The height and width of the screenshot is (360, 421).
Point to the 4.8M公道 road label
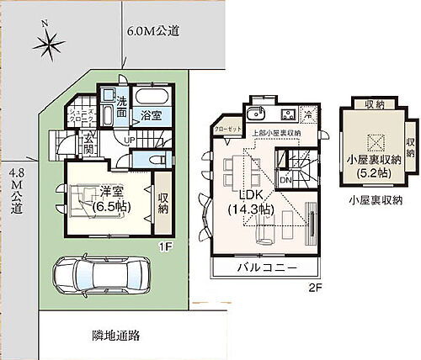point(14,193)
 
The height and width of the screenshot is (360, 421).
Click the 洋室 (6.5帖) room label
point(108,199)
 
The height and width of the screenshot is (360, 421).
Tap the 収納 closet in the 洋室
point(163,198)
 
